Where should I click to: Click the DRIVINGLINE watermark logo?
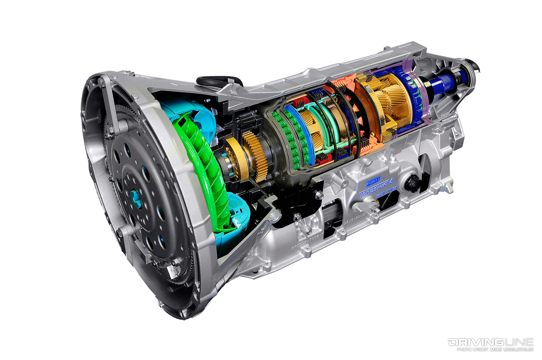(490, 342)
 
